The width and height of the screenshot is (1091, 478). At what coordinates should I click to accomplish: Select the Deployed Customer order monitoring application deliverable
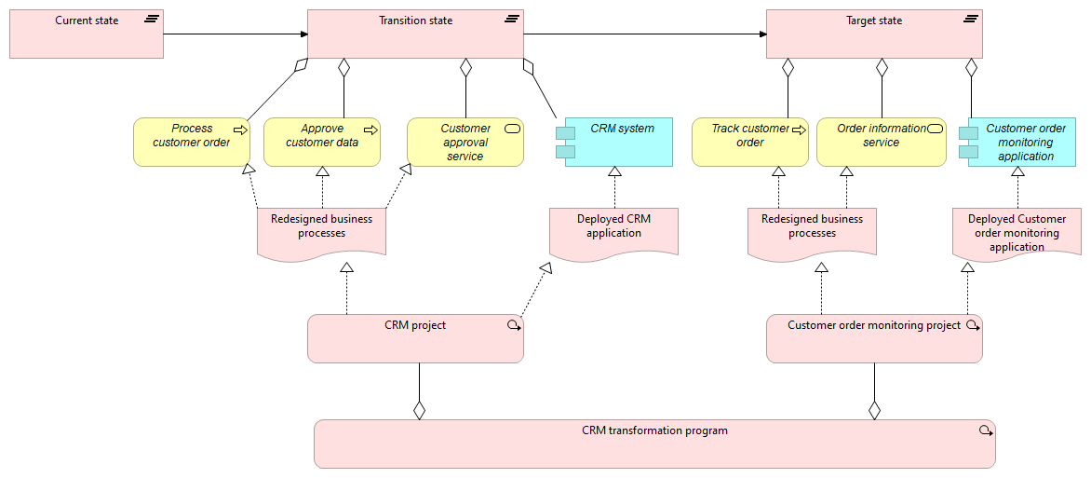pyautogui.click(x=1017, y=233)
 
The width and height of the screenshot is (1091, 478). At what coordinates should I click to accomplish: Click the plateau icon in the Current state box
pyautogui.click(x=152, y=19)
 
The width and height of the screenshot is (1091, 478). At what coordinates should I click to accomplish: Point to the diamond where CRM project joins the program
pyautogui.click(x=419, y=410)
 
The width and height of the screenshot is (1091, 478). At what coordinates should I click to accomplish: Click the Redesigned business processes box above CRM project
pyautogui.click(x=321, y=230)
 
